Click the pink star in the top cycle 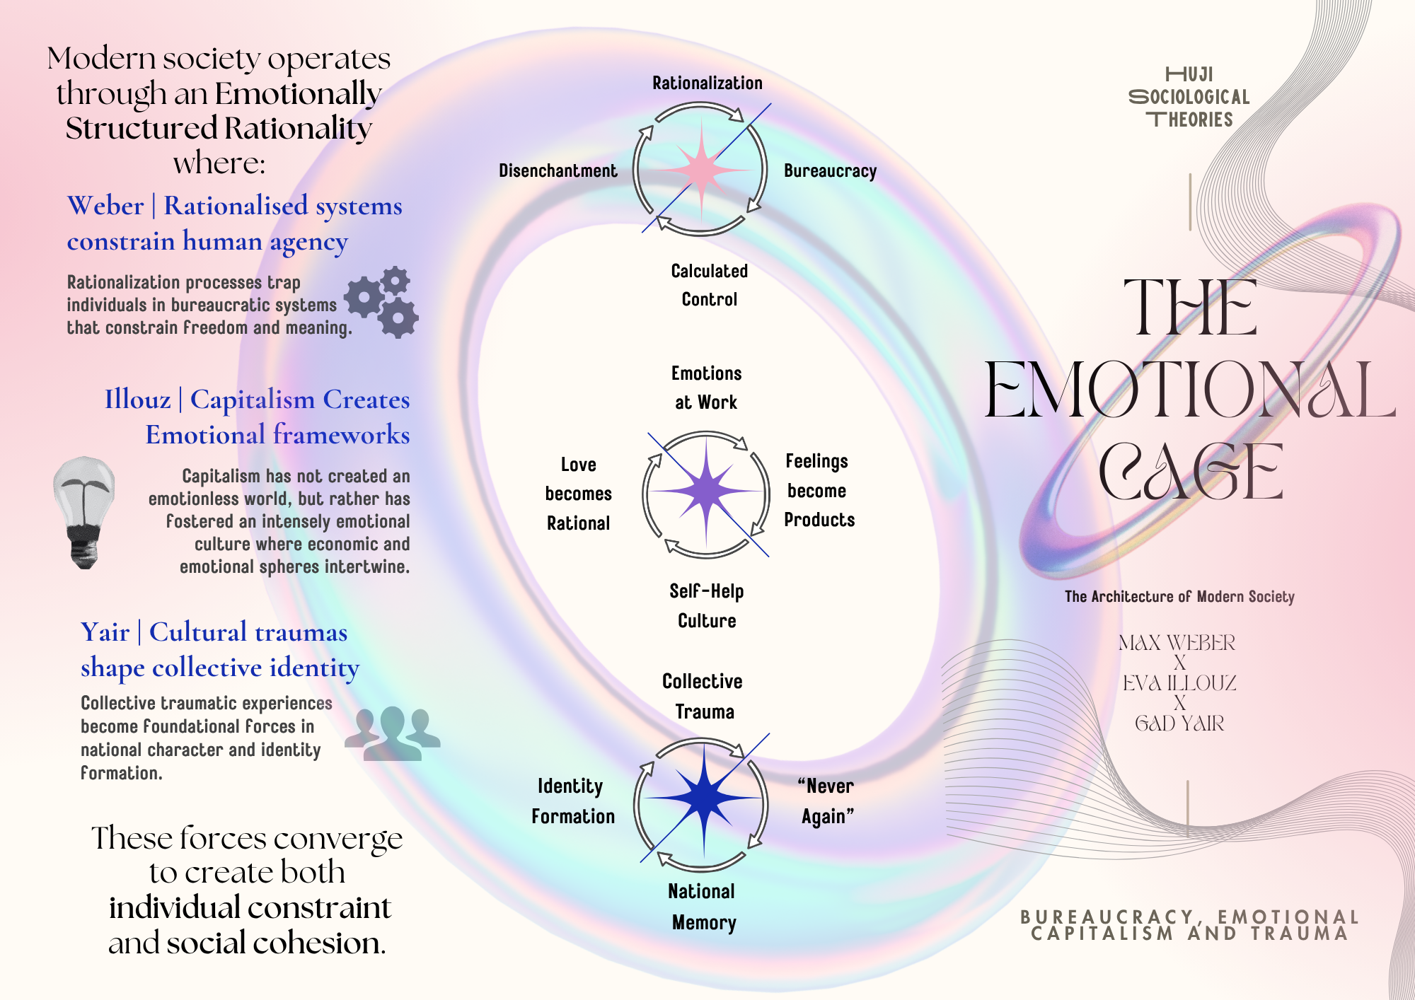(700, 170)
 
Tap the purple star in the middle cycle (706, 491)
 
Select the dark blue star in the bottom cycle (704, 798)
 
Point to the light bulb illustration (84, 511)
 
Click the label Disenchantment (558, 171)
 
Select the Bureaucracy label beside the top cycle (830, 171)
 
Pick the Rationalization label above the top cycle (707, 83)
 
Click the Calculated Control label (709, 285)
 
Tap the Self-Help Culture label (707, 605)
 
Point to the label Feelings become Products (819, 491)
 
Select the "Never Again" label (826, 801)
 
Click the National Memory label (703, 907)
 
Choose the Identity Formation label (572, 801)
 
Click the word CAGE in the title (1191, 472)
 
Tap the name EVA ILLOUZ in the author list (1179, 683)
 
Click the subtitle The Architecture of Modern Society (1179, 597)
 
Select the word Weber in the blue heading (105, 207)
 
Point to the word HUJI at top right (1189, 74)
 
